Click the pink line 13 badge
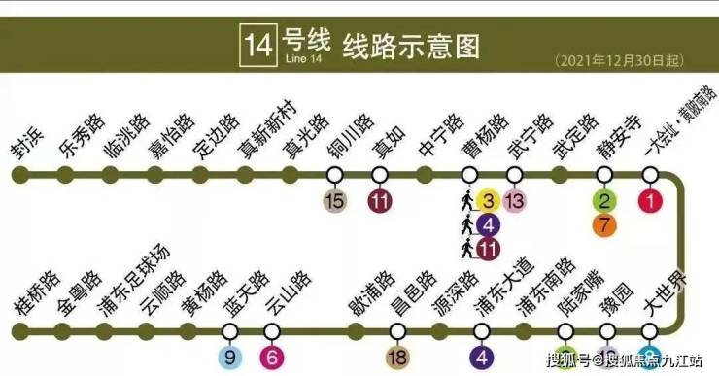pyautogui.click(x=514, y=201)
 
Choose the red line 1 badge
pyautogui.click(x=649, y=201)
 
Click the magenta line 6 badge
pyautogui.click(x=272, y=357)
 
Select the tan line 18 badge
pyautogui.click(x=396, y=357)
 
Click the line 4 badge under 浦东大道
pyautogui.click(x=482, y=357)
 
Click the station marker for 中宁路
pyautogui.click(x=425, y=175)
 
